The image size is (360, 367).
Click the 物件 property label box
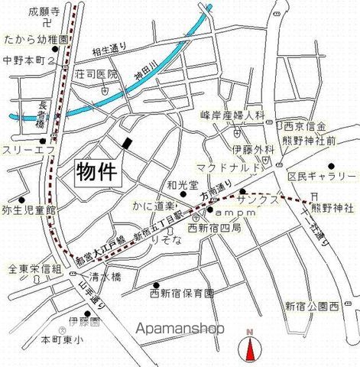98,171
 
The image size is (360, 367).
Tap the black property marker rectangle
127,143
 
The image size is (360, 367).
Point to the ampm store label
226,211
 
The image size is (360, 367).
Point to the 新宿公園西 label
312,307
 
